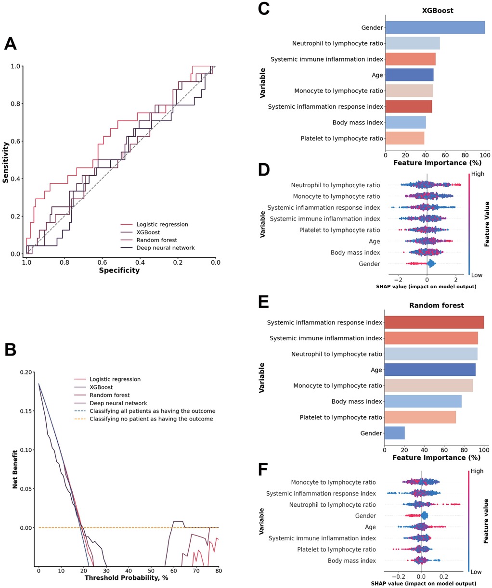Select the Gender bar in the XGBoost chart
pos(435,27)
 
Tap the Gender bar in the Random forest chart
pos(394,433)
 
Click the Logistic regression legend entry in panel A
pos(162,224)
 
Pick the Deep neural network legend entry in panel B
pos(118,403)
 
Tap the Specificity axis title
pos(119,270)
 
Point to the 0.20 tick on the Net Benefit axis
pos(27,372)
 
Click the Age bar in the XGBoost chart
pos(409,75)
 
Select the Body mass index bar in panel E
pos(423,401)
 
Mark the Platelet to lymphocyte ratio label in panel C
pos(342,139)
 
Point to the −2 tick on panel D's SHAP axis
pos(398,280)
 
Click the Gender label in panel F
pos(365,516)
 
